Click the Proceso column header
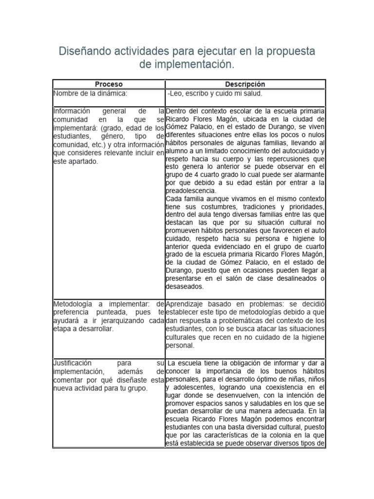[109, 84]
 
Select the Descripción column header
[245, 84]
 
